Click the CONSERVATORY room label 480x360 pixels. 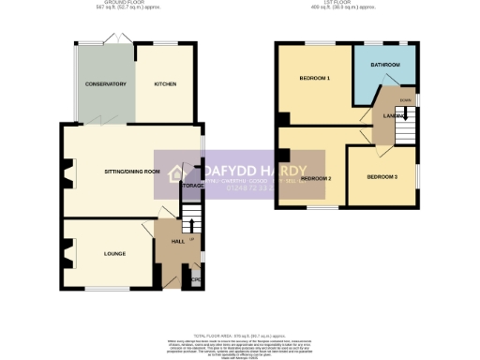tap(105, 84)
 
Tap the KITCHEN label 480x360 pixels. tap(165, 83)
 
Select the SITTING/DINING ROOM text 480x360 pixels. tap(132, 172)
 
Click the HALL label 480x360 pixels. tap(177, 242)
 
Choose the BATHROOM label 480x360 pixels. tap(384, 65)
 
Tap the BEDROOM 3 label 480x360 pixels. tap(382, 176)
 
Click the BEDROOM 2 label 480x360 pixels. tap(316, 177)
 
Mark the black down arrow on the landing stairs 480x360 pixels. tap(403, 116)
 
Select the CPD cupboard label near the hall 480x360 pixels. tap(196, 278)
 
